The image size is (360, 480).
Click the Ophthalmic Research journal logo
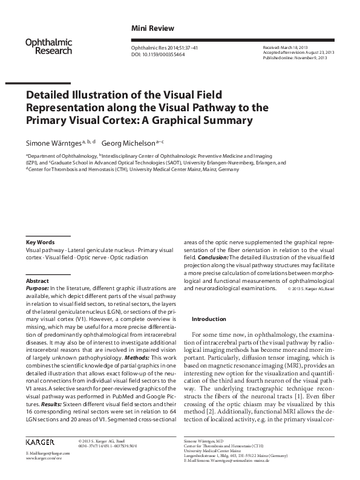pyautogui.click(x=48, y=47)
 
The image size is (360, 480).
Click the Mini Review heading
pyautogui.click(x=152, y=28)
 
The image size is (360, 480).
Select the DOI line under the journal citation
pyautogui.click(x=158, y=54)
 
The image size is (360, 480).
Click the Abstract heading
pyautogui.click(x=37, y=281)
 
